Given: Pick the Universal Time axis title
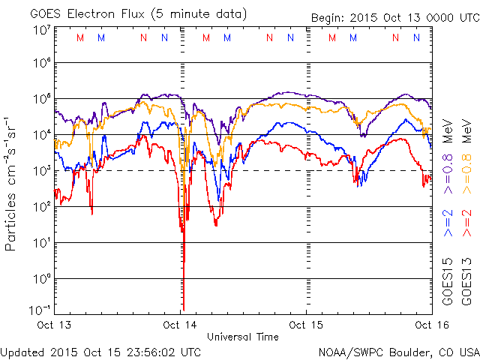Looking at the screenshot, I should (243, 337).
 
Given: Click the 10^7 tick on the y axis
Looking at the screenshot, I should (41, 31).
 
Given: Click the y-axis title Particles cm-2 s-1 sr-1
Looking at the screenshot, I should (13, 184).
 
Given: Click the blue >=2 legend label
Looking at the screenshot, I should (448, 223).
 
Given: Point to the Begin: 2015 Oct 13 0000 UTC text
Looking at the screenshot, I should (394, 18).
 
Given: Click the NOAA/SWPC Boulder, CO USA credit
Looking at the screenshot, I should (398, 352).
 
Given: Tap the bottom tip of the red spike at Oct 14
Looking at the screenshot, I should (183, 309).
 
